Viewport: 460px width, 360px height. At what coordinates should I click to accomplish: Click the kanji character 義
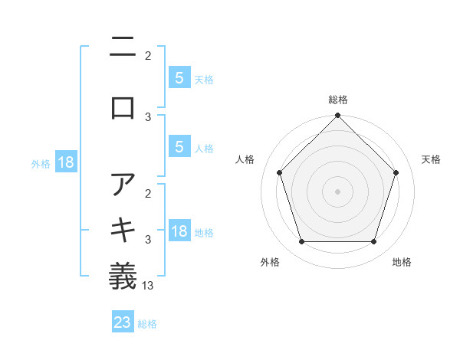click(123, 273)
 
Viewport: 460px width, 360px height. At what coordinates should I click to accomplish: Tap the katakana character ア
click(123, 184)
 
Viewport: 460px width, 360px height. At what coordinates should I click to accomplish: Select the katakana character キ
click(123, 228)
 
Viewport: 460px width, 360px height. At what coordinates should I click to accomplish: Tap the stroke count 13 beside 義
click(149, 285)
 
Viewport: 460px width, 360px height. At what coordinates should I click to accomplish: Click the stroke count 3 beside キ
click(148, 240)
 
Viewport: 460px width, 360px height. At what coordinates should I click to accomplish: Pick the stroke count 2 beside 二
click(148, 55)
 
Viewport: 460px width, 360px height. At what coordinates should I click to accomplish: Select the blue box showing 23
click(123, 322)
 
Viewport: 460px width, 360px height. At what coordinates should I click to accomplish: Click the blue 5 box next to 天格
click(179, 77)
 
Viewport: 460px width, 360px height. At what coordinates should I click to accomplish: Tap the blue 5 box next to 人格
click(179, 147)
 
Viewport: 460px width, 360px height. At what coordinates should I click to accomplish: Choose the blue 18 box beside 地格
click(179, 231)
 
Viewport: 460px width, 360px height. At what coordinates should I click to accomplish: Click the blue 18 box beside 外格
click(65, 162)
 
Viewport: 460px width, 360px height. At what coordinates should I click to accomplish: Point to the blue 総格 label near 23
click(147, 323)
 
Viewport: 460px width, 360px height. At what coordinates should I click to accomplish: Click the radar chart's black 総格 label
click(337, 100)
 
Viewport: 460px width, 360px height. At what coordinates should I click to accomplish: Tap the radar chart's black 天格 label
click(431, 159)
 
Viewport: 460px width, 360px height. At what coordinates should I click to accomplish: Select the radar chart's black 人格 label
click(245, 159)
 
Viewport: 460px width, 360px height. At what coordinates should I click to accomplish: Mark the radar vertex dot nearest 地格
click(373, 242)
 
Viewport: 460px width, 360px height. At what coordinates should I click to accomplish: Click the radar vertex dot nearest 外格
click(301, 242)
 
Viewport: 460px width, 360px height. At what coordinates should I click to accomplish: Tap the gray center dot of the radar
click(337, 191)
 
